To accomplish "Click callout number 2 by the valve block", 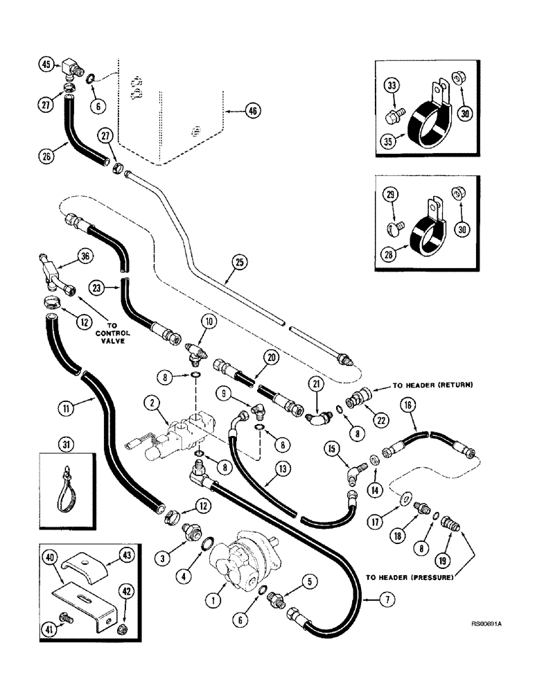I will pyautogui.click(x=149, y=402).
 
